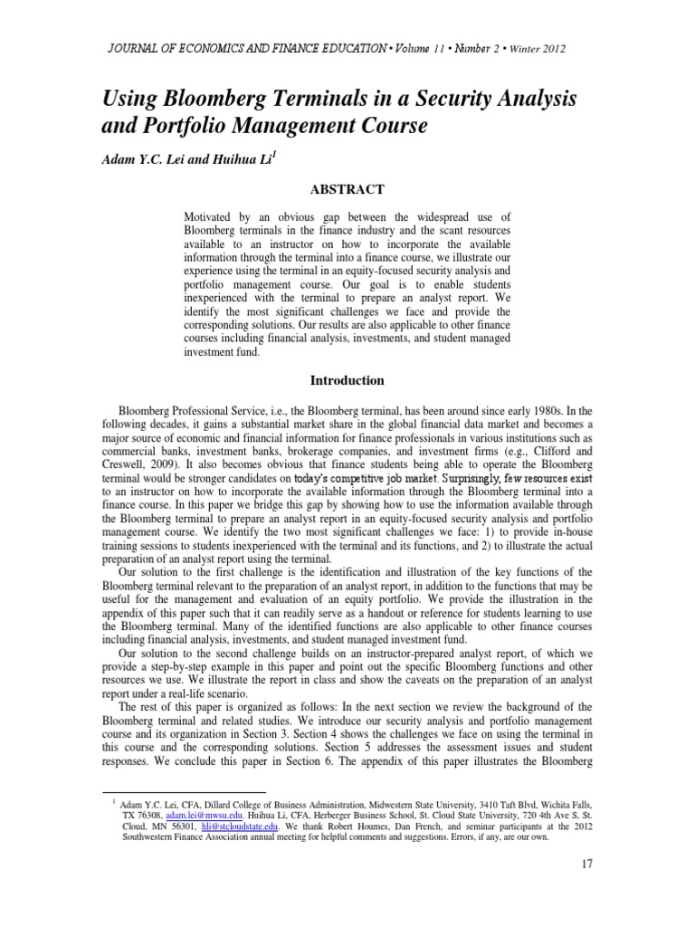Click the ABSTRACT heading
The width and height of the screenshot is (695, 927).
[348, 189]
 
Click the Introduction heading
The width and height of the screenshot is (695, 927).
[348, 380]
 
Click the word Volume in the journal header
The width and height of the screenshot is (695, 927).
[417, 48]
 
